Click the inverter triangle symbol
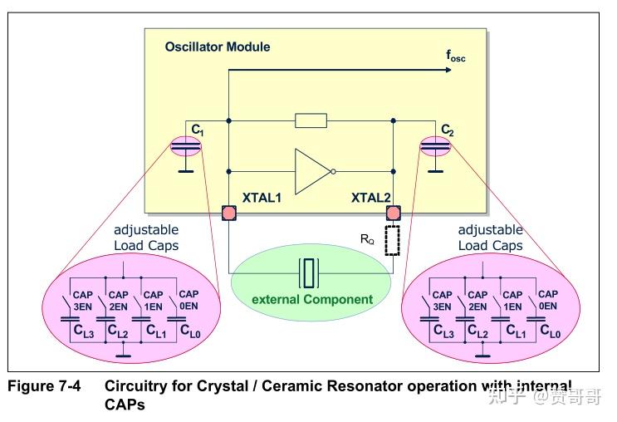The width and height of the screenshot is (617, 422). click(312, 172)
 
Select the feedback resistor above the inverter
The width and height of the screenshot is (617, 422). click(311, 121)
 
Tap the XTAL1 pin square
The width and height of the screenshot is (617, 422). click(228, 213)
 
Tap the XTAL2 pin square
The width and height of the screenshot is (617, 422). click(393, 213)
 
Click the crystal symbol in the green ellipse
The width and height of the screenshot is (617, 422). click(311, 272)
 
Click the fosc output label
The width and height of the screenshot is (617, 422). click(456, 56)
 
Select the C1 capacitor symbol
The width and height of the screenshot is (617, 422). click(185, 146)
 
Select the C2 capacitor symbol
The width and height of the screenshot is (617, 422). click(435, 146)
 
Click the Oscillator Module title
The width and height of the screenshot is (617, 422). click(218, 47)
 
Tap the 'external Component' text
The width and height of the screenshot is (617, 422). click(312, 299)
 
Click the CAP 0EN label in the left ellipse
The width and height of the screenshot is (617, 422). click(189, 300)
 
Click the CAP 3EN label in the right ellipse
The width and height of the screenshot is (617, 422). click(443, 300)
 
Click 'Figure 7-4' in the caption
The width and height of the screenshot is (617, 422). click(43, 386)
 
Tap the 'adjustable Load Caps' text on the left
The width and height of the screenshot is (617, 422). click(145, 238)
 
